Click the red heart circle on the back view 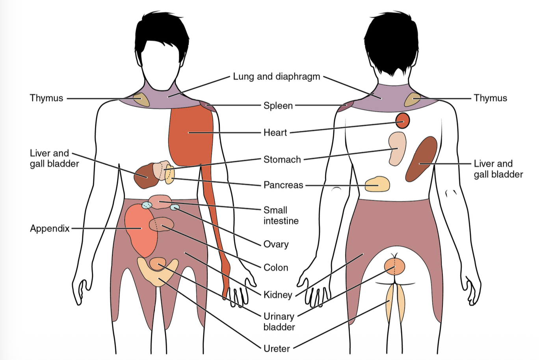(x=402, y=121)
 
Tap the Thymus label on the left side (x=46, y=98)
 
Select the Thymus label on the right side (x=490, y=98)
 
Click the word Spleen (x=278, y=106)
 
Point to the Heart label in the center (x=275, y=133)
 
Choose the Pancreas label (x=283, y=185)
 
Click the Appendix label (x=50, y=228)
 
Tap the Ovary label (x=276, y=244)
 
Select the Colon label (x=276, y=268)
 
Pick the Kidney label (x=278, y=295)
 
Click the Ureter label (x=277, y=349)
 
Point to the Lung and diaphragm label (x=277, y=76)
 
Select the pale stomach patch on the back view (x=396, y=148)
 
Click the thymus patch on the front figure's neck (x=141, y=100)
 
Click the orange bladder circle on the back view (x=394, y=267)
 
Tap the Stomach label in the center (x=282, y=160)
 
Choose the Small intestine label (x=281, y=215)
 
